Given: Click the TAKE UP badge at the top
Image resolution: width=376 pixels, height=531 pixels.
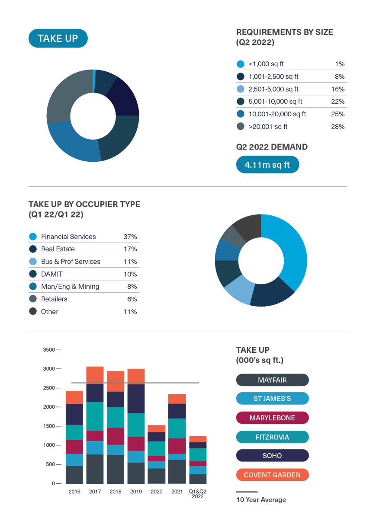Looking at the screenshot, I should click(x=58, y=38).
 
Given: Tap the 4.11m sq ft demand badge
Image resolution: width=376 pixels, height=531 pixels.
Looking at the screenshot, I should click(x=267, y=165).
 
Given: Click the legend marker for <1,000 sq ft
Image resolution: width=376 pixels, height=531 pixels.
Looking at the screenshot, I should click(x=241, y=64).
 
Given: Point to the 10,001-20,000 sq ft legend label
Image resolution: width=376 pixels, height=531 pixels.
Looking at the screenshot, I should click(x=277, y=114).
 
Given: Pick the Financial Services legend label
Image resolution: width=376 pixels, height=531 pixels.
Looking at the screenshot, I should click(x=68, y=237).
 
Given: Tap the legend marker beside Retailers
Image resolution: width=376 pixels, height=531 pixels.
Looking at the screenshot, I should click(x=33, y=299).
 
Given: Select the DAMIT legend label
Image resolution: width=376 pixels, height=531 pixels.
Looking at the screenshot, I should click(x=52, y=274).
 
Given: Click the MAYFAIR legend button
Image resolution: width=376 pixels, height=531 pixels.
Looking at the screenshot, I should click(x=272, y=381).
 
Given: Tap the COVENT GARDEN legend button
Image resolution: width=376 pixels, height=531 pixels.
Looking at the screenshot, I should click(x=272, y=475).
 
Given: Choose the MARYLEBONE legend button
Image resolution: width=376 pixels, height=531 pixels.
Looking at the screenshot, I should click(x=272, y=418).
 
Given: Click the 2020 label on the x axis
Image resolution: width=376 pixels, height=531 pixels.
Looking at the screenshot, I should click(x=157, y=492).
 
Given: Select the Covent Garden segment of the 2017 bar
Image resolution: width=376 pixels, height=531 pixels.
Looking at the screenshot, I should click(x=95, y=374).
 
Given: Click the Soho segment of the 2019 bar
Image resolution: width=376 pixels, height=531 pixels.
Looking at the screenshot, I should click(x=136, y=398).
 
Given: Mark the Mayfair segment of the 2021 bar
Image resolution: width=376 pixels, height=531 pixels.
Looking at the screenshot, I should click(x=177, y=471).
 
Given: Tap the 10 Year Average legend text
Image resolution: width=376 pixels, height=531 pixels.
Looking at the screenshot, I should click(x=261, y=500).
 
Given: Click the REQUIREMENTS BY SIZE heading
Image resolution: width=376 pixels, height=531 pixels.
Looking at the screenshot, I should click(x=284, y=32).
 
